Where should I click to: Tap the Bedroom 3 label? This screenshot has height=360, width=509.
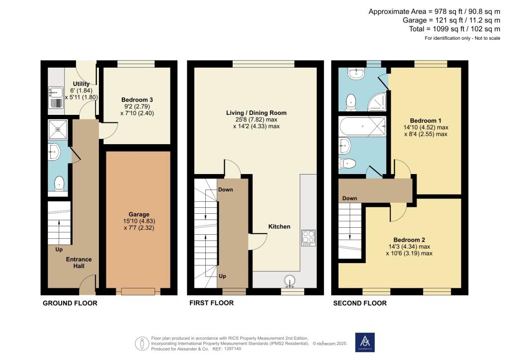tap(123, 99)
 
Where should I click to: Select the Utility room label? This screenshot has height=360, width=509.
tap(81, 84)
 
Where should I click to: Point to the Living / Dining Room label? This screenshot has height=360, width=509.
tap(256, 113)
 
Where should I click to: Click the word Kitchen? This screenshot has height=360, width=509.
tap(279, 226)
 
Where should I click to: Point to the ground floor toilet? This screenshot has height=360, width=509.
tap(59, 182)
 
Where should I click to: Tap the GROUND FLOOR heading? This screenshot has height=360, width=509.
tap(70, 303)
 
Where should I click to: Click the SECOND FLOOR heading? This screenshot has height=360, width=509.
tap(359, 303)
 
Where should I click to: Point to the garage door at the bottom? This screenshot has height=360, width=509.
tap(138, 291)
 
